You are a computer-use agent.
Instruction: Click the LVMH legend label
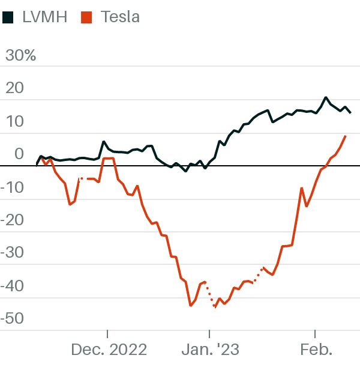tap(45, 17)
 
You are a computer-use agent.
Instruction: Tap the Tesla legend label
tap(120, 17)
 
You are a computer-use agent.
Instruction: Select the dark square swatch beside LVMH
tap(8, 17)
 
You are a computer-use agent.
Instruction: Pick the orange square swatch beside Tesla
tap(86, 17)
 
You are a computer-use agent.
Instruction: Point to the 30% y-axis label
tap(20, 55)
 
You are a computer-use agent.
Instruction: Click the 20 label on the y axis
tap(14, 88)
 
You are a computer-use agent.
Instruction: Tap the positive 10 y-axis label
tap(15, 121)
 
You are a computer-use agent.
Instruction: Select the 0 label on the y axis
tap(19, 154)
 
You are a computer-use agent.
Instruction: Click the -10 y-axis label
tap(12, 187)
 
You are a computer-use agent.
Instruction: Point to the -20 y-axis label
tap(12, 220)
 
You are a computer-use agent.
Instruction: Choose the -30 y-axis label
tap(12, 252)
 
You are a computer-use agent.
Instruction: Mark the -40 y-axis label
tap(12, 286)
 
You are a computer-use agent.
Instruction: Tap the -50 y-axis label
tap(12, 318)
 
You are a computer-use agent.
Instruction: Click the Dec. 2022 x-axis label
tap(109, 350)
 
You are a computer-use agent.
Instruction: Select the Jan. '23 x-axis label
tap(211, 350)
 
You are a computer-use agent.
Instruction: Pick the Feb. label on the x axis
tap(316, 350)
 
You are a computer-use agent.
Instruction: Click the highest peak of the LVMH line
tap(326, 97)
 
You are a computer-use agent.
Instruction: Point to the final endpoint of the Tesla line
tap(345, 136)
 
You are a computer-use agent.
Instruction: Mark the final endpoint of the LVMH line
tap(350, 112)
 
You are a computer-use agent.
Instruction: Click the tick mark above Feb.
tap(315, 334)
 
